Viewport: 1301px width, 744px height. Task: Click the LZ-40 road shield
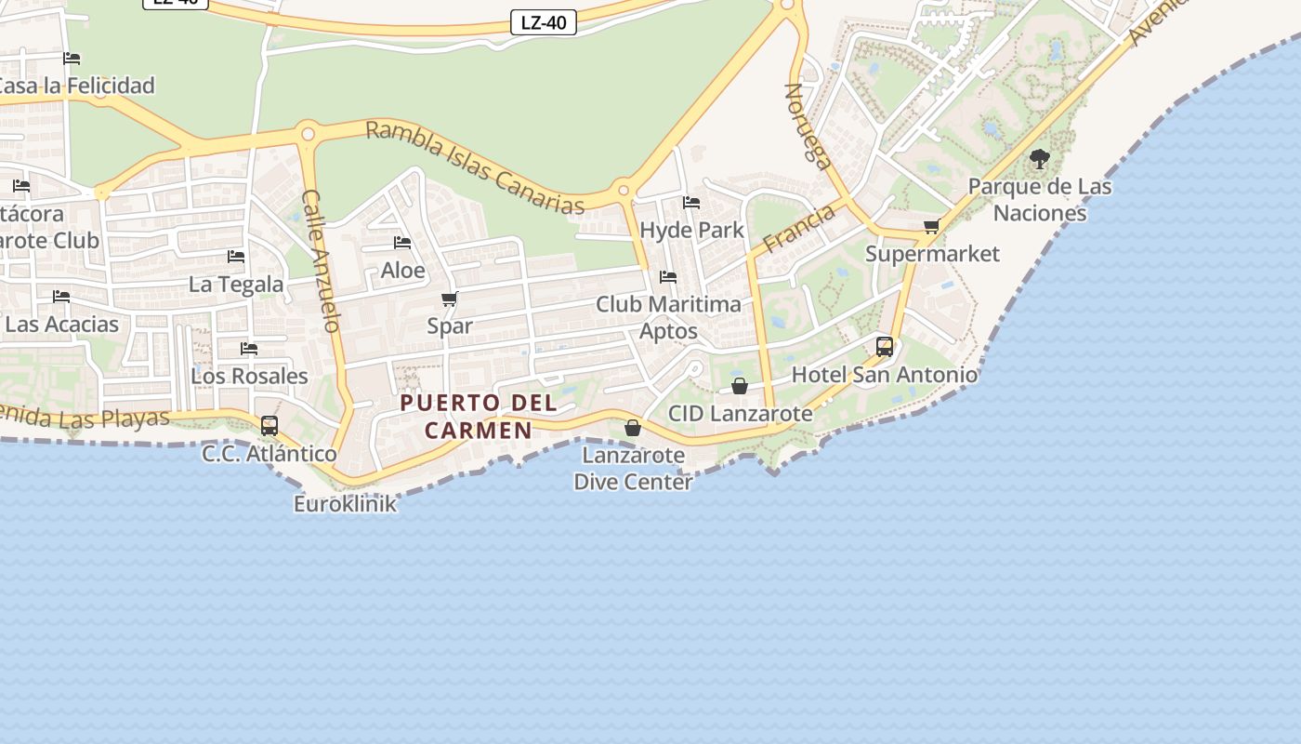tap(544, 22)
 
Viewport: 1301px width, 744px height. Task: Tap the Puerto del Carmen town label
tap(479, 417)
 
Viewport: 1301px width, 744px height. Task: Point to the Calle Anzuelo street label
tap(322, 260)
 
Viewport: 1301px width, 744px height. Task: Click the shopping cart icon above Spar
tap(450, 299)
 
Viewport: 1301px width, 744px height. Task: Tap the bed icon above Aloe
tap(402, 243)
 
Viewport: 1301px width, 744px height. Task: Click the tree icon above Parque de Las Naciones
tap(1040, 159)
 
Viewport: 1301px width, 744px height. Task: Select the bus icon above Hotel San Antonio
tap(885, 347)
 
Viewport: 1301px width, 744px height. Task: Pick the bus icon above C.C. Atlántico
tap(269, 426)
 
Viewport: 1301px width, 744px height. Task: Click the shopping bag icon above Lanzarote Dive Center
tap(633, 428)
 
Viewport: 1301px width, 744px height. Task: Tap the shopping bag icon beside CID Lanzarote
tap(740, 385)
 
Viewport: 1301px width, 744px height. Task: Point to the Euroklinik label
tap(345, 504)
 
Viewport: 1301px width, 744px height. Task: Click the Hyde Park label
tap(692, 230)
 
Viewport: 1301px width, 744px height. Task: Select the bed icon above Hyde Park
tap(691, 203)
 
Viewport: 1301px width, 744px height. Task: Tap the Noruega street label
tap(808, 126)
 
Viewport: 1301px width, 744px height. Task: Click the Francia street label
tap(799, 229)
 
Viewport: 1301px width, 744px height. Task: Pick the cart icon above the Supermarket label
tap(932, 227)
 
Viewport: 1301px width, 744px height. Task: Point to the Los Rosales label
tap(249, 376)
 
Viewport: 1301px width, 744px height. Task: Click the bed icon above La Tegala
tap(236, 257)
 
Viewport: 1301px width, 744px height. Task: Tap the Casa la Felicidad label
tap(76, 86)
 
